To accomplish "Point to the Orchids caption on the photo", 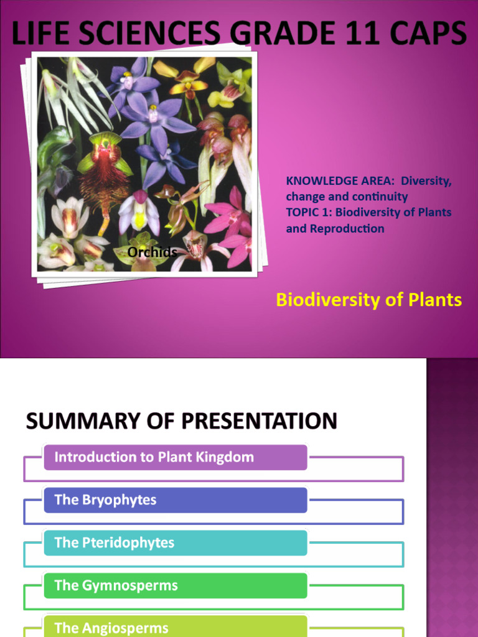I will (152, 252).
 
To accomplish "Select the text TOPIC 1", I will (309, 212).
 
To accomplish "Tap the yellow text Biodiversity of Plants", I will (368, 300).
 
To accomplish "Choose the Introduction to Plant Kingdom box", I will (176, 457).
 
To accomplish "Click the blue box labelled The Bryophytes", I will (176, 500).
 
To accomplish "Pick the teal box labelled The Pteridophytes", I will (176, 542).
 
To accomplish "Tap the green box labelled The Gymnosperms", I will (176, 585).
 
